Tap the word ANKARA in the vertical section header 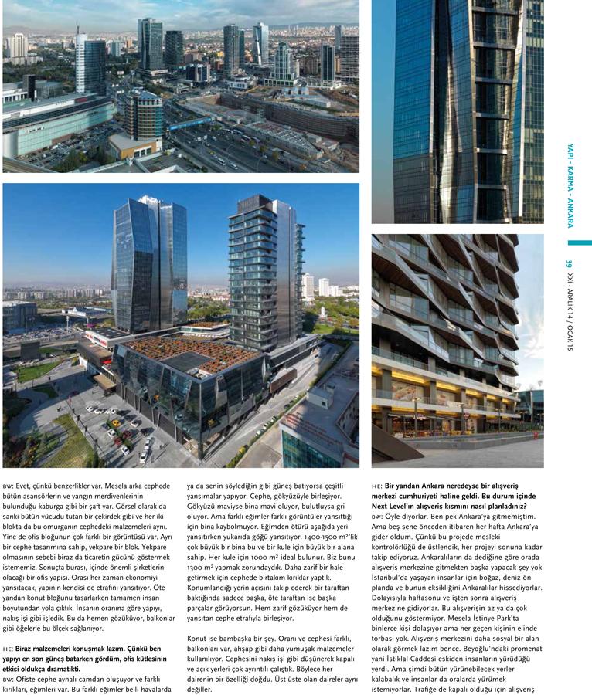[570, 208]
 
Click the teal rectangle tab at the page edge [579, 242]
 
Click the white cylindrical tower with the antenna [80, 62]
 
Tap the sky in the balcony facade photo [531, 309]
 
